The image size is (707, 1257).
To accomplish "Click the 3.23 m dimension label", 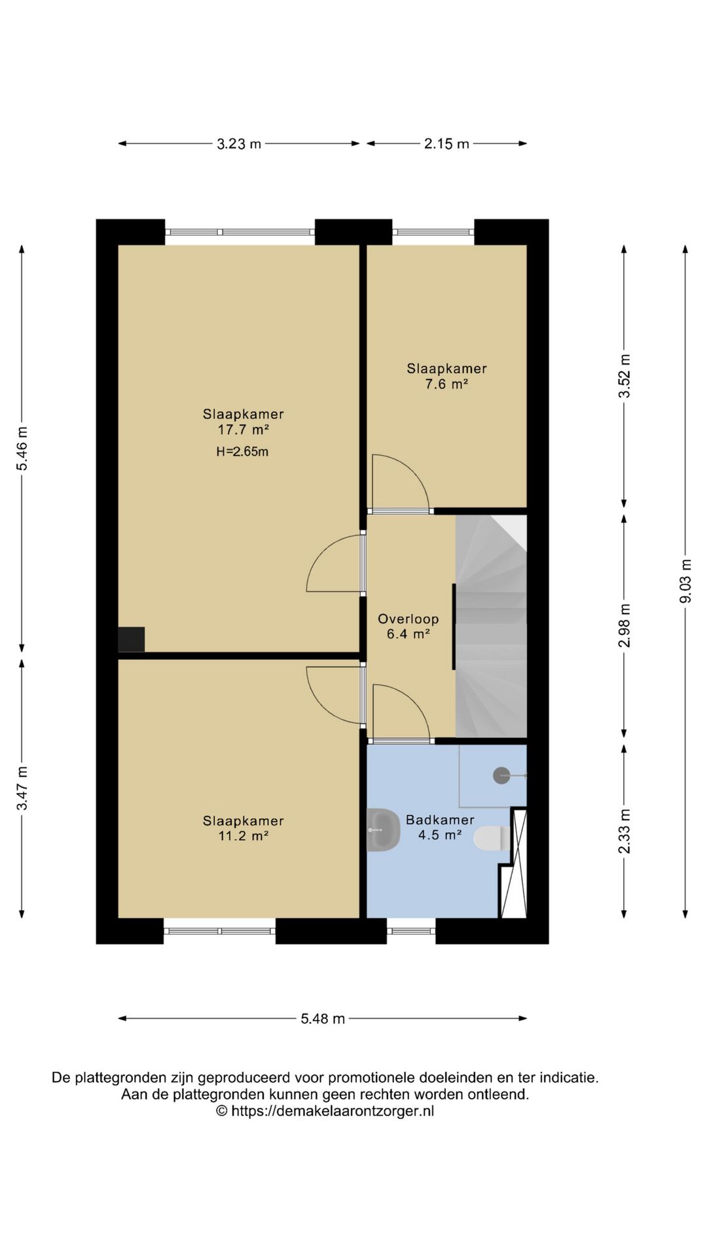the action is (239, 144).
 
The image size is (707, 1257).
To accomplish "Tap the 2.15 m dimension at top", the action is (446, 144).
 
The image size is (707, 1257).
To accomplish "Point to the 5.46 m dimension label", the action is (22, 448).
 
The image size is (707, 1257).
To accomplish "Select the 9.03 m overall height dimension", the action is (685, 581).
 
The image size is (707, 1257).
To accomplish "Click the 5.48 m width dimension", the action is (323, 1019).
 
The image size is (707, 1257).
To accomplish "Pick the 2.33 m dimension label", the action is (625, 831).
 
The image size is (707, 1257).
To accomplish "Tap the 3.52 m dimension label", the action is (625, 376).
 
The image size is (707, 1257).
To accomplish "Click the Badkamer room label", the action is (440, 820).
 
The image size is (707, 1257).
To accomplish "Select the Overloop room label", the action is (408, 619).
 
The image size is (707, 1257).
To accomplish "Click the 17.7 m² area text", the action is (244, 429).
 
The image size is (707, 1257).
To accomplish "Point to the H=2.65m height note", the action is (242, 452).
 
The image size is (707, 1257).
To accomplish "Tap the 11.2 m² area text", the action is (244, 836).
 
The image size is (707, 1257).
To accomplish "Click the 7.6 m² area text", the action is (446, 384).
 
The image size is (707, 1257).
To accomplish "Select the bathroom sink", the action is (383, 830).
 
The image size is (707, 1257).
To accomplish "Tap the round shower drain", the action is (501, 775).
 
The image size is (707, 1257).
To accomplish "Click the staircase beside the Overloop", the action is (491, 627).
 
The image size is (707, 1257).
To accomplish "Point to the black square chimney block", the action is (132, 640).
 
